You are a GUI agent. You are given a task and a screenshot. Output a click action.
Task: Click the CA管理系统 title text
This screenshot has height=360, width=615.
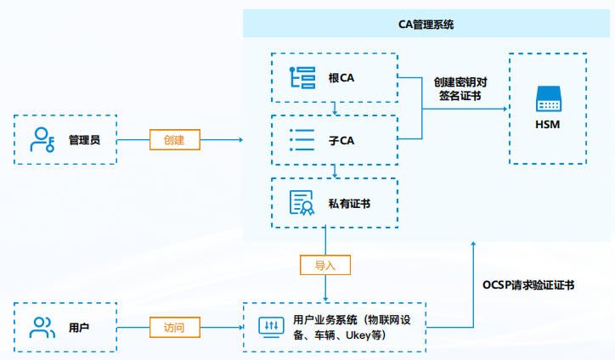(x=426, y=24)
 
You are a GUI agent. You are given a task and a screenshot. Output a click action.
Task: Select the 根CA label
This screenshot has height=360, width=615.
(x=341, y=78)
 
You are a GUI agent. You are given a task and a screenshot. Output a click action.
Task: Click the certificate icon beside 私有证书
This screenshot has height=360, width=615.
(x=302, y=203)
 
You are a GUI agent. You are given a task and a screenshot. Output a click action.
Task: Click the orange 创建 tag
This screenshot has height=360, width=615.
(x=174, y=139)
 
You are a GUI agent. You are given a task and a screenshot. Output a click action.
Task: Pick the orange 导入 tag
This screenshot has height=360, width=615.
(x=325, y=265)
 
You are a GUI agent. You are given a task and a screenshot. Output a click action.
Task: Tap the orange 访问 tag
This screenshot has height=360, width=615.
(x=174, y=327)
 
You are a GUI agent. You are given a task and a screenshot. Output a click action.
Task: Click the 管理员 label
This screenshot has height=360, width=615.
(x=84, y=139)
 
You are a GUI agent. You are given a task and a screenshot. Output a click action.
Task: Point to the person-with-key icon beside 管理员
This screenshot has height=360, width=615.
(x=42, y=139)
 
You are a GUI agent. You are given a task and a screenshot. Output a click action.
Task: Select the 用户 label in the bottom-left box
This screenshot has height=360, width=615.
(x=79, y=327)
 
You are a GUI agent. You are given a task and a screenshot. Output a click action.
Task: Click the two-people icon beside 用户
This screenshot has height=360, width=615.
(x=42, y=327)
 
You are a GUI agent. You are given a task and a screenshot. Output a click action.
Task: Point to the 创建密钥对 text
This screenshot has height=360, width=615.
(x=460, y=82)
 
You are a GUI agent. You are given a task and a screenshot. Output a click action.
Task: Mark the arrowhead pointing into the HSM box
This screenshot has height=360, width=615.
(x=505, y=109)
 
